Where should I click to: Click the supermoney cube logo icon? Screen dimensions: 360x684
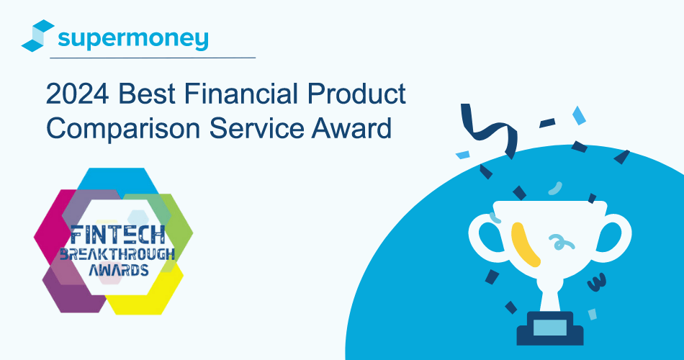(x=38, y=37)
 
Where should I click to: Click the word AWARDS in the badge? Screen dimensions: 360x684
(x=114, y=271)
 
